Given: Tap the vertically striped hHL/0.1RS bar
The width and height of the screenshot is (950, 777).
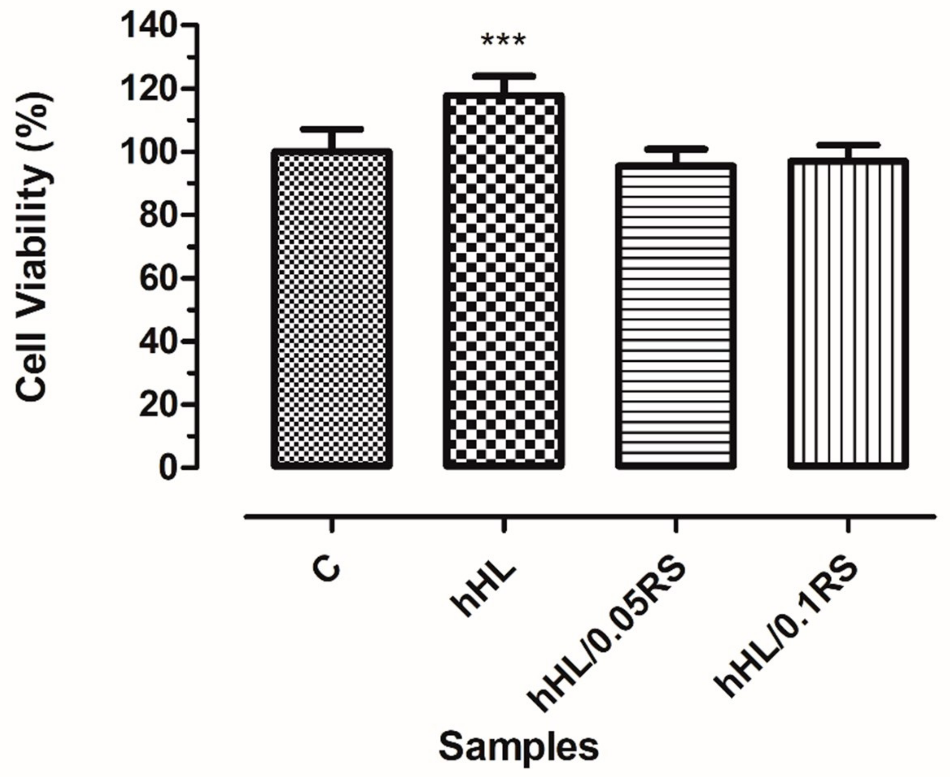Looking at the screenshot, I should pyautogui.click(x=848, y=313).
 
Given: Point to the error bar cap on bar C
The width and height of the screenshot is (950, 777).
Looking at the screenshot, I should pyautogui.click(x=332, y=129).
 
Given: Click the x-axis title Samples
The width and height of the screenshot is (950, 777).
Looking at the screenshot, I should pyautogui.click(x=518, y=747).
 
